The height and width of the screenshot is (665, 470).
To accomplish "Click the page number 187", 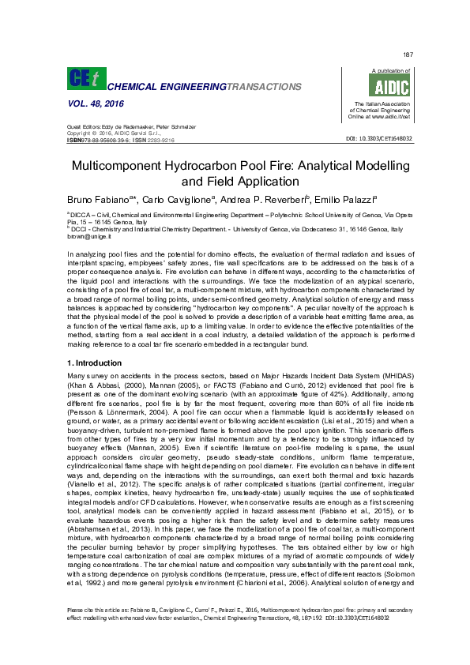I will (408, 54).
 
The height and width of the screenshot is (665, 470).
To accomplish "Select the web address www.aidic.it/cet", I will (389, 116).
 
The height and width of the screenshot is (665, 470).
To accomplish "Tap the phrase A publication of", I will (379, 71).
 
